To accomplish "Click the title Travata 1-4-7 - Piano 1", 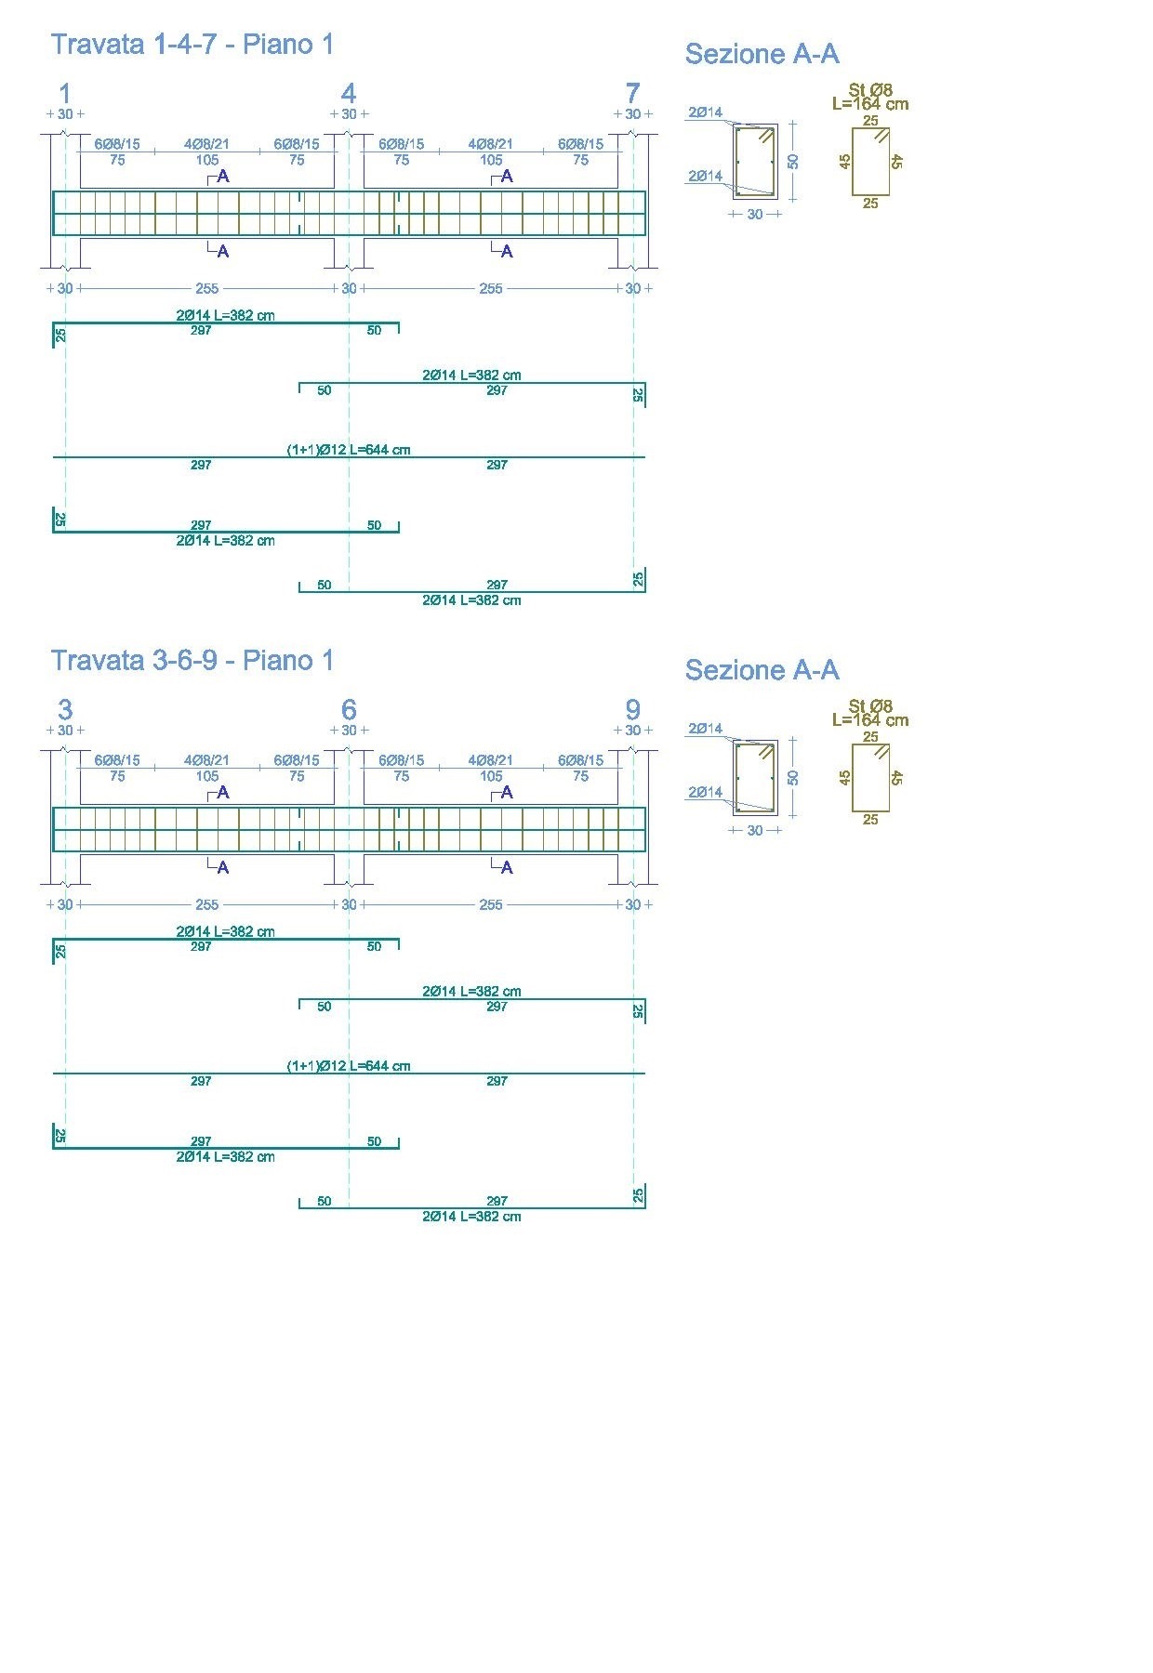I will (192, 45).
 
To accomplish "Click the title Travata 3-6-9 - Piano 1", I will (192, 661).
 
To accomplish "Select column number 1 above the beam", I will (65, 93).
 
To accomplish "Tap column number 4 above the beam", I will (349, 93).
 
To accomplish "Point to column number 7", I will (632, 93).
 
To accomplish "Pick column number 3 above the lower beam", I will (65, 709).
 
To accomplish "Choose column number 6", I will (349, 709).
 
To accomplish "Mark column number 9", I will (632, 709).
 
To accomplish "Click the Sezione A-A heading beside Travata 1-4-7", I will (762, 55).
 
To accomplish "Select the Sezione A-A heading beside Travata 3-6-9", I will (762, 670).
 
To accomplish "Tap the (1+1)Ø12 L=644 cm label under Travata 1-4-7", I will (349, 450).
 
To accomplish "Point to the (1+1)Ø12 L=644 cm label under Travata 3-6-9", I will (349, 1066).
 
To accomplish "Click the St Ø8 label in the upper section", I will (870, 90).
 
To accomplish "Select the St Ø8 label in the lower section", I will (870, 706).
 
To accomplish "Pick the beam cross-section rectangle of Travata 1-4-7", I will (755, 161).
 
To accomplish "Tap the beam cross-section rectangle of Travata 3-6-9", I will (755, 777).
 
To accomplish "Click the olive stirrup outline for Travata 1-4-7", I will (870, 162).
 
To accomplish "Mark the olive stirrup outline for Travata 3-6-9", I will (870, 778).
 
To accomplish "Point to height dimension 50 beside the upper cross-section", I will (793, 161).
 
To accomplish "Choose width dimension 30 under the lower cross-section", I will (755, 831).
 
